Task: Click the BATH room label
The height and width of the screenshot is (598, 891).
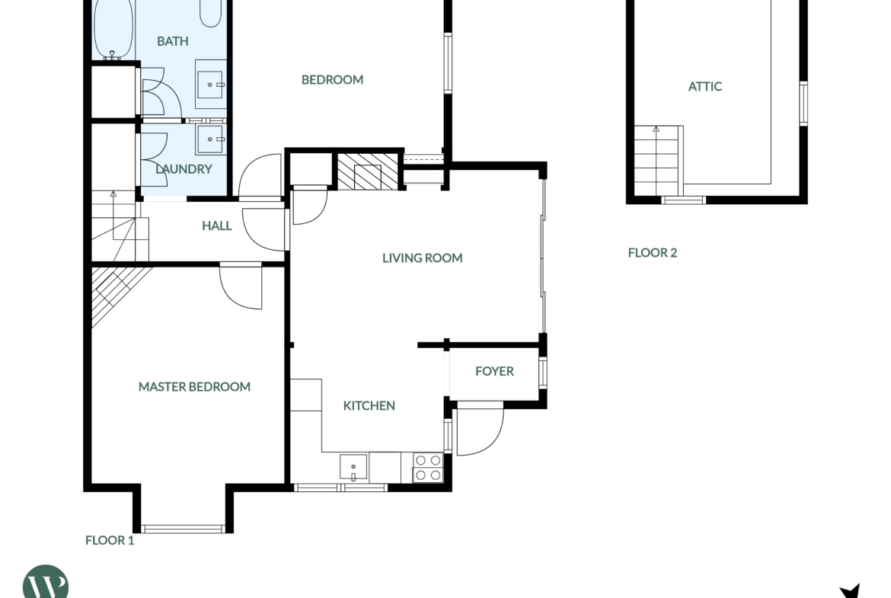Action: click(173, 41)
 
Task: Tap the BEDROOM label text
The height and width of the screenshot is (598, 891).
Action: click(333, 79)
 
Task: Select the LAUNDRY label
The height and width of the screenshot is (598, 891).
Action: click(184, 169)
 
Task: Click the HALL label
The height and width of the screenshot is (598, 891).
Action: click(217, 225)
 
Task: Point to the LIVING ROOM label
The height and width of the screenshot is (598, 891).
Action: click(422, 258)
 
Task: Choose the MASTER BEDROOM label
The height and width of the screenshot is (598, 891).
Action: click(194, 386)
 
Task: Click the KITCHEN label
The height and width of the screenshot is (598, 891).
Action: click(369, 405)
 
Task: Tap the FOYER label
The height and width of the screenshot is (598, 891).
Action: click(494, 371)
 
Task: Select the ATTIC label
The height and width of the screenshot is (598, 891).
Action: click(705, 86)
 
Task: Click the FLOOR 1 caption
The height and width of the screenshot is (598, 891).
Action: click(110, 540)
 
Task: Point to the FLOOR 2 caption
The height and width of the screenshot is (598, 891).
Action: click(653, 252)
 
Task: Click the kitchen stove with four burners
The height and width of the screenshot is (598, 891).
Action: click(428, 467)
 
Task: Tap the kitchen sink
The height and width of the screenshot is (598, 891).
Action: click(353, 467)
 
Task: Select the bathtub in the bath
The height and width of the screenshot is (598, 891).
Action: click(113, 28)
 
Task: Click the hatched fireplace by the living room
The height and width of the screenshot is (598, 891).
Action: click(368, 171)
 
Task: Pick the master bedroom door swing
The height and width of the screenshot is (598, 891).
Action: click(241, 286)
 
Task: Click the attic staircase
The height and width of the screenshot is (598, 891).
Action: click(656, 160)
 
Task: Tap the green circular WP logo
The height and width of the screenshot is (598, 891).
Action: click(46, 583)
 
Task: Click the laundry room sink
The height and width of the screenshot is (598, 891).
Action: click(211, 139)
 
